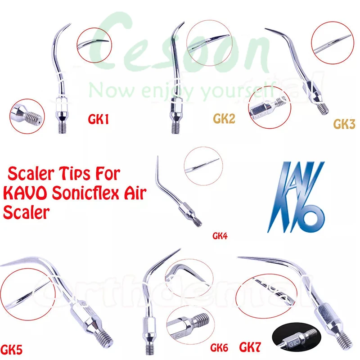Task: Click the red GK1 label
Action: [99, 120]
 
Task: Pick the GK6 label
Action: [219, 348]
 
